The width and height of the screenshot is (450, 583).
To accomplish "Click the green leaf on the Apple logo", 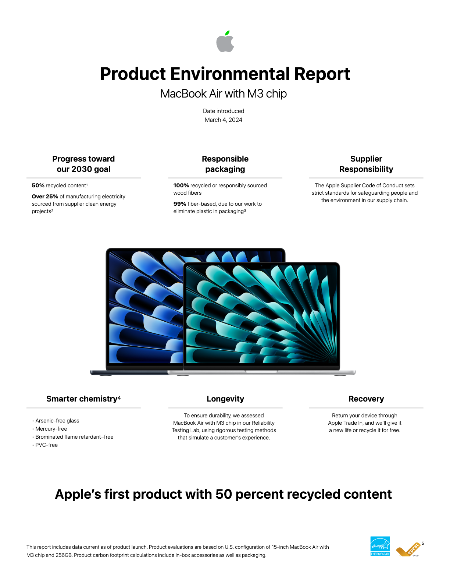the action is pyautogui.click(x=227, y=33).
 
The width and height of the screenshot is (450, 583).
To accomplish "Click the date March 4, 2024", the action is pyautogui.click(x=223, y=120).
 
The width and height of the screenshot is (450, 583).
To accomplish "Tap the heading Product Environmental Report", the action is pyautogui.click(x=225, y=74).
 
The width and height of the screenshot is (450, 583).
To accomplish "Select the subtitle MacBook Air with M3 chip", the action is pyautogui.click(x=223, y=94).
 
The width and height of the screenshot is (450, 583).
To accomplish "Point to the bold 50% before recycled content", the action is pyautogui.click(x=38, y=185).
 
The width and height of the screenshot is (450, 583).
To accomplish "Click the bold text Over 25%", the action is pyautogui.click(x=45, y=197).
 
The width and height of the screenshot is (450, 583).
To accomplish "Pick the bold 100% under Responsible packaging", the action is pyautogui.click(x=181, y=185).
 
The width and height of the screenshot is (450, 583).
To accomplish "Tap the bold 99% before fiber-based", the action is pyautogui.click(x=179, y=204).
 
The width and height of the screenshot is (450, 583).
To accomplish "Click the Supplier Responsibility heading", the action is pyautogui.click(x=366, y=164).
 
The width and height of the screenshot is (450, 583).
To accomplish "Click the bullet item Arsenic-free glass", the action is pyautogui.click(x=57, y=421).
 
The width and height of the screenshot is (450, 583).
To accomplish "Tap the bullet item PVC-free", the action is pyautogui.click(x=46, y=445).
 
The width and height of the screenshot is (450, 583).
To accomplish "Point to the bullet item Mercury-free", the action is pyautogui.click(x=51, y=429).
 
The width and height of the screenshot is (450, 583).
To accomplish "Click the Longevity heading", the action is pyautogui.click(x=225, y=399).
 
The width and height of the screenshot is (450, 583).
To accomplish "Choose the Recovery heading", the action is pyautogui.click(x=366, y=399).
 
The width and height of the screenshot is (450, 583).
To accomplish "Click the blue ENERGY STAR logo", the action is pyautogui.click(x=380, y=546).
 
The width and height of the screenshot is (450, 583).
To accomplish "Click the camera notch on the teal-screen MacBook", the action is pyautogui.click(x=262, y=266).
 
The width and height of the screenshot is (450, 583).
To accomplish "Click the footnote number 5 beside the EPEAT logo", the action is pyautogui.click(x=423, y=543).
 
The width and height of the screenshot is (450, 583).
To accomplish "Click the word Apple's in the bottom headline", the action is pyautogui.click(x=78, y=494).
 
